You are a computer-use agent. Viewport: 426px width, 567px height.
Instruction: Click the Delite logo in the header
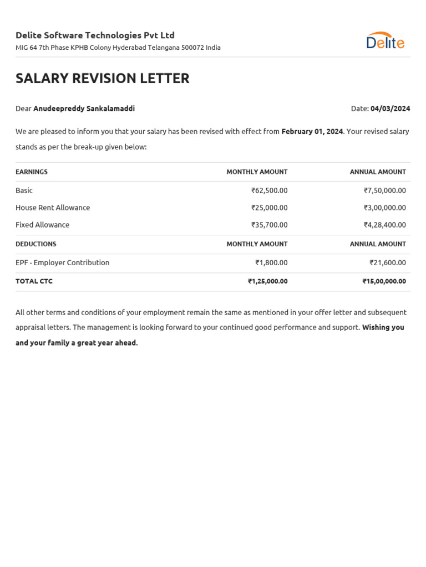click(x=385, y=41)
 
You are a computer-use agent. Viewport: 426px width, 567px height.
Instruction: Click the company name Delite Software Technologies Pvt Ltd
click(x=95, y=35)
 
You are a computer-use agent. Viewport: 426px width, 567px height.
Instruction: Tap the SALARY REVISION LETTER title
click(x=103, y=79)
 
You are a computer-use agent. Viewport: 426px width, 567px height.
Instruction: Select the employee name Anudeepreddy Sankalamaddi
click(x=84, y=109)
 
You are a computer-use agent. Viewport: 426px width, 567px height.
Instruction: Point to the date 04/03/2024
click(x=390, y=109)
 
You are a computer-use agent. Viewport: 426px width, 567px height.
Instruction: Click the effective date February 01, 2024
click(x=312, y=132)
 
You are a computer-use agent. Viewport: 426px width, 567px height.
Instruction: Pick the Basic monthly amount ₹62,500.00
click(x=269, y=190)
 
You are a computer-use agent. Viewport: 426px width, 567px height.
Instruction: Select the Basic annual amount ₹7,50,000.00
click(x=384, y=190)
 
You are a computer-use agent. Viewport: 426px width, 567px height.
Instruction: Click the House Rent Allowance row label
click(x=53, y=208)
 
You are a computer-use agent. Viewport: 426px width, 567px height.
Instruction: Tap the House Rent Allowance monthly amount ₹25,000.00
click(x=269, y=208)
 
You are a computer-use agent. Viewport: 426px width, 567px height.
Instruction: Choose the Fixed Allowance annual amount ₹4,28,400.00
click(x=384, y=225)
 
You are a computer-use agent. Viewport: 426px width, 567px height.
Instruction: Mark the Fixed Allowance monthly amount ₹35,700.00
click(x=269, y=225)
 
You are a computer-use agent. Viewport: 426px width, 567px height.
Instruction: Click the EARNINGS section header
click(x=32, y=172)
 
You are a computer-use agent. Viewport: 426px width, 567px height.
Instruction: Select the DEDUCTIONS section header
click(x=36, y=244)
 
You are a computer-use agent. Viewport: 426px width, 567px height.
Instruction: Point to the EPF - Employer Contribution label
click(x=62, y=262)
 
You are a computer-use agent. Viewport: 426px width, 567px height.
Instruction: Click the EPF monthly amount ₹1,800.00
click(x=271, y=262)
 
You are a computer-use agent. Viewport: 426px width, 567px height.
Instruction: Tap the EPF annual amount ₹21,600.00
click(x=388, y=262)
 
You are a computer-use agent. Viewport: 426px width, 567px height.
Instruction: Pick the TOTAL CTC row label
click(x=34, y=281)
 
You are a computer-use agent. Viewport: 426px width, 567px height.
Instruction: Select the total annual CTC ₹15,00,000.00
click(x=384, y=281)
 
